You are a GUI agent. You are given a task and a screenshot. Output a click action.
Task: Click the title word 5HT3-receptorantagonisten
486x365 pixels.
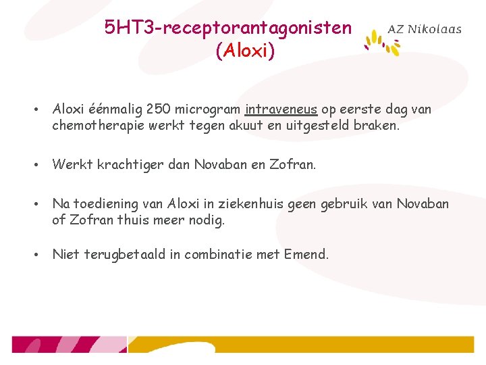(x=228, y=28)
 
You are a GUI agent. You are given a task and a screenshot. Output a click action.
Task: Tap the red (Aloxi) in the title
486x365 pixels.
(x=245, y=51)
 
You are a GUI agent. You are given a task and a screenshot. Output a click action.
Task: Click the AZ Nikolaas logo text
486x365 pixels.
(x=425, y=29)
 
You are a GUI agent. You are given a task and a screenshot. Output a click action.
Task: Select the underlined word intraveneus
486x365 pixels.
(x=281, y=109)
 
